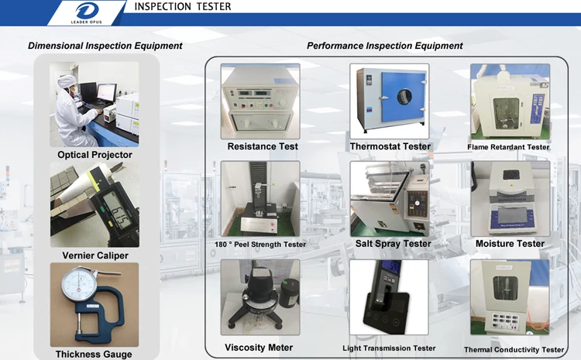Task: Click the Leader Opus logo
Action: [x=87, y=12]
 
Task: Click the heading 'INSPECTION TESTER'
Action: [x=183, y=6]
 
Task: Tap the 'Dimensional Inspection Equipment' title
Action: [x=105, y=46]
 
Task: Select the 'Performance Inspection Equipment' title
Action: [x=384, y=46]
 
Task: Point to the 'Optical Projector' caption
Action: [x=95, y=155]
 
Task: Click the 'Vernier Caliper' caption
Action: [x=95, y=255]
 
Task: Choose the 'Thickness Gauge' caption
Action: [x=94, y=355]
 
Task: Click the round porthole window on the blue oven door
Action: [x=404, y=96]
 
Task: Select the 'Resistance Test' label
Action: [x=263, y=146]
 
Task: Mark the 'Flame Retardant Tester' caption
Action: [x=508, y=147]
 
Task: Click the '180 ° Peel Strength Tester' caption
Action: [x=260, y=245]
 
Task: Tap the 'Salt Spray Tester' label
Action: [x=393, y=244]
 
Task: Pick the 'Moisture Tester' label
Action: [x=510, y=244]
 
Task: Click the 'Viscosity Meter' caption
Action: [x=259, y=348]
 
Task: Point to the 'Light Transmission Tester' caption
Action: [x=389, y=348]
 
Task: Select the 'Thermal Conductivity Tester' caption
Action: [x=514, y=350]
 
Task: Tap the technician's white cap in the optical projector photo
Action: [x=67, y=81]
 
